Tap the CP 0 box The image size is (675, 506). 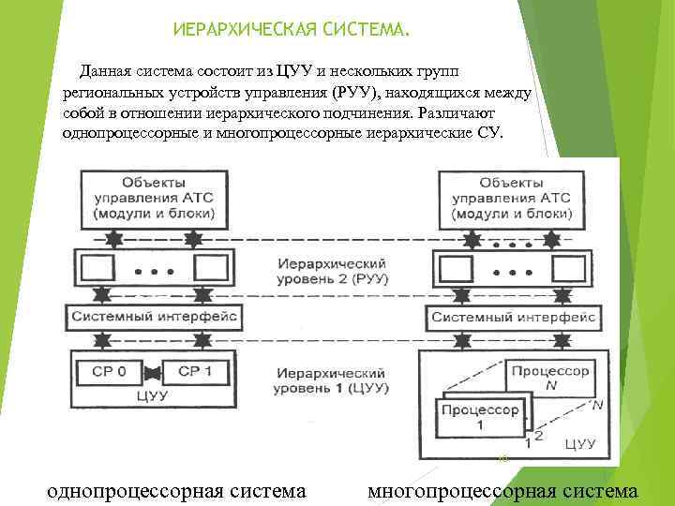point(113,372)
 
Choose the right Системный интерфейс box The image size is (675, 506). point(514,317)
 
